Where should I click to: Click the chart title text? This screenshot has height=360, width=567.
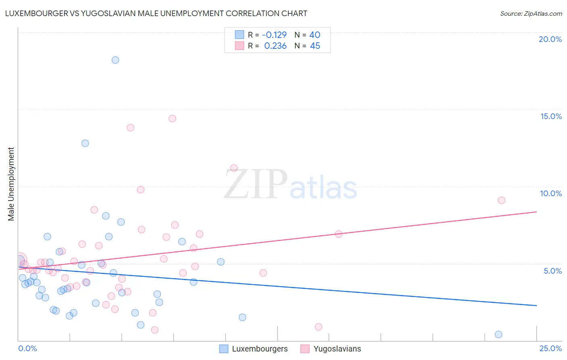point(156,13)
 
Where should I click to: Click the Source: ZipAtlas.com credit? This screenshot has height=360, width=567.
point(531,13)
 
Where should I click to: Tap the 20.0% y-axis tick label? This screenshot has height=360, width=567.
point(550,39)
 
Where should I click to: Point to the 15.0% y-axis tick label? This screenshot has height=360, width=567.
point(551,116)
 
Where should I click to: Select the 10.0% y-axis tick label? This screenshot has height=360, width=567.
point(551,193)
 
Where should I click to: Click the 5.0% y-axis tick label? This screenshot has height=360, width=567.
point(552,271)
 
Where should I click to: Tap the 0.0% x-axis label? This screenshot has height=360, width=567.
point(27,348)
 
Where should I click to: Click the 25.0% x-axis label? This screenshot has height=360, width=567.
point(550,348)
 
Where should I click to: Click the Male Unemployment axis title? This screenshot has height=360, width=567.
point(11,184)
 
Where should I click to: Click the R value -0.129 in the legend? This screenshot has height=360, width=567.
point(274,35)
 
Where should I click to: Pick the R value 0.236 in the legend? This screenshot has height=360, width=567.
point(275,46)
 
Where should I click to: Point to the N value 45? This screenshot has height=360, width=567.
point(315,46)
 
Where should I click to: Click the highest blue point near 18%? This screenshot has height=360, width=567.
point(115,60)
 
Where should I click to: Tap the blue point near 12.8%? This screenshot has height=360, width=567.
point(85,143)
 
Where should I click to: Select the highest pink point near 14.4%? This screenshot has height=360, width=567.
point(172,119)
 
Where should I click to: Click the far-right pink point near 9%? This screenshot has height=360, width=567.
point(501,200)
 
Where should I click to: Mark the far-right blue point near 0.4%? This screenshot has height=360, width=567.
point(498,334)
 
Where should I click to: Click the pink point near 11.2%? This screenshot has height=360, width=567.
point(234,168)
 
